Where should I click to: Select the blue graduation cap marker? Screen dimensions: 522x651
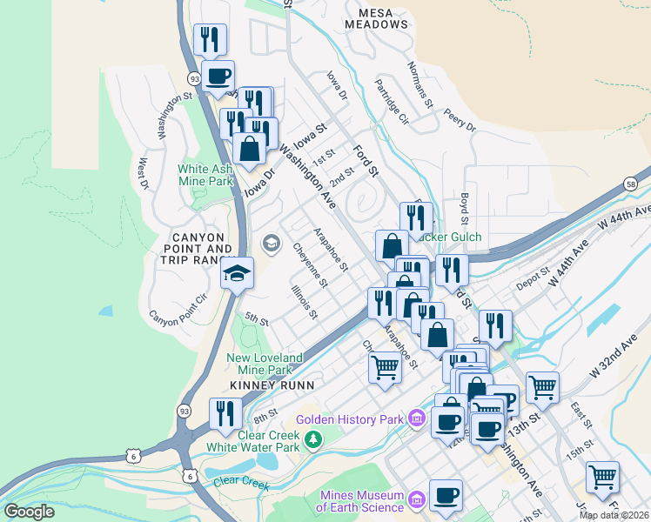[237, 274]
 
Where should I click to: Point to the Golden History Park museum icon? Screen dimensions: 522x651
[416, 419]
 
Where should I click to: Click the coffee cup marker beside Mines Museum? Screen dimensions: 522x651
[446, 496]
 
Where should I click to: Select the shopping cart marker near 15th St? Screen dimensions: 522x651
[602, 478]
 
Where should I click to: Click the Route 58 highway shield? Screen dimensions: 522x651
[630, 184]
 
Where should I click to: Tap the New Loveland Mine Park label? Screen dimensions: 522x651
[265, 364]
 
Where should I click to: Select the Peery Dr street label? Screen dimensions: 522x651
[460, 120]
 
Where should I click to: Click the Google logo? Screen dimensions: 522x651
[30, 511]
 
